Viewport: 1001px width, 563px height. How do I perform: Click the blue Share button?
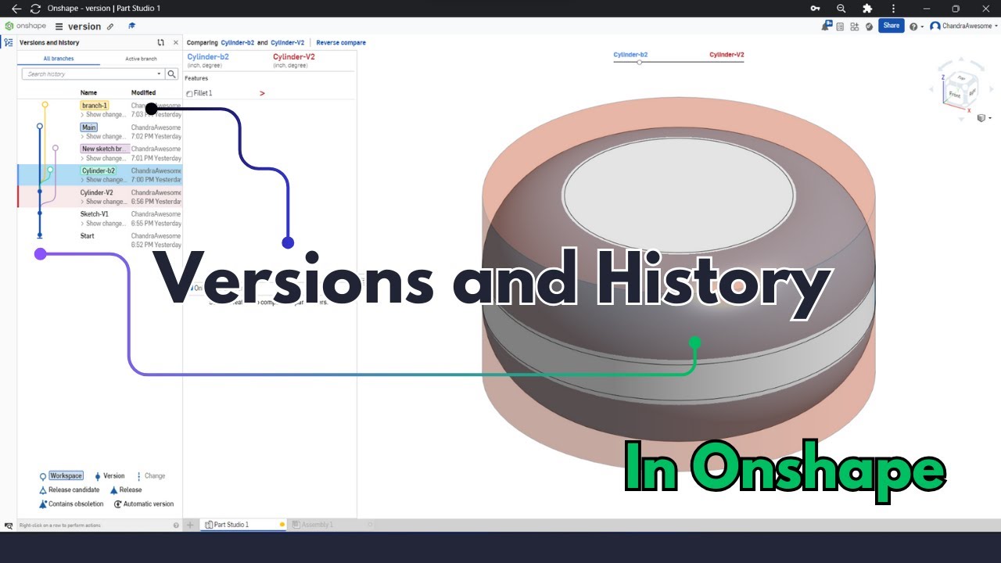pyautogui.click(x=891, y=26)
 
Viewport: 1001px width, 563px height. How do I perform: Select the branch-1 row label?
pyautogui.click(x=94, y=106)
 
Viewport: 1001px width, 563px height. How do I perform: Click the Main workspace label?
pyautogui.click(x=89, y=127)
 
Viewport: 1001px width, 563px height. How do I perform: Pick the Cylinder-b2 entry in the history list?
pyautogui.click(x=99, y=170)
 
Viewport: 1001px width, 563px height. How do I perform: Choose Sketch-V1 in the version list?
pyautogui.click(x=94, y=214)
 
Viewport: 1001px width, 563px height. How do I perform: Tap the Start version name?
pyautogui.click(x=88, y=235)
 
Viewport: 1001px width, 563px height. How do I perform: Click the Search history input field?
pyautogui.click(x=90, y=74)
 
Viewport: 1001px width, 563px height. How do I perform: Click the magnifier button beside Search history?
pyautogui.click(x=172, y=74)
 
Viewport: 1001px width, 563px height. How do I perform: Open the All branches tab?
pyautogui.click(x=59, y=59)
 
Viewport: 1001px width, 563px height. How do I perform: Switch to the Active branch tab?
pyautogui.click(x=141, y=59)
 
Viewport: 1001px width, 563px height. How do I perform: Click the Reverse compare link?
pyautogui.click(x=341, y=43)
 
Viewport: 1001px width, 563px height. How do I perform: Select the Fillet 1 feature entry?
pyautogui.click(x=203, y=94)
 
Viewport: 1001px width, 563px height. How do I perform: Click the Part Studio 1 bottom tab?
pyautogui.click(x=231, y=525)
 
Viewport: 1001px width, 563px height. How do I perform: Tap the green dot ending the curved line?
pyautogui.click(x=694, y=342)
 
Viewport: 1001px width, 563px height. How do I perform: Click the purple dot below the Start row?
pyautogui.click(x=41, y=253)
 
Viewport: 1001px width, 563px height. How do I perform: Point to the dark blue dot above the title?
pyautogui.click(x=288, y=242)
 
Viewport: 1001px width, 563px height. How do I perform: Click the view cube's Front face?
pyautogui.click(x=954, y=94)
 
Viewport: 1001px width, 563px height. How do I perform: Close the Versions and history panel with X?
pyautogui.click(x=176, y=43)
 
